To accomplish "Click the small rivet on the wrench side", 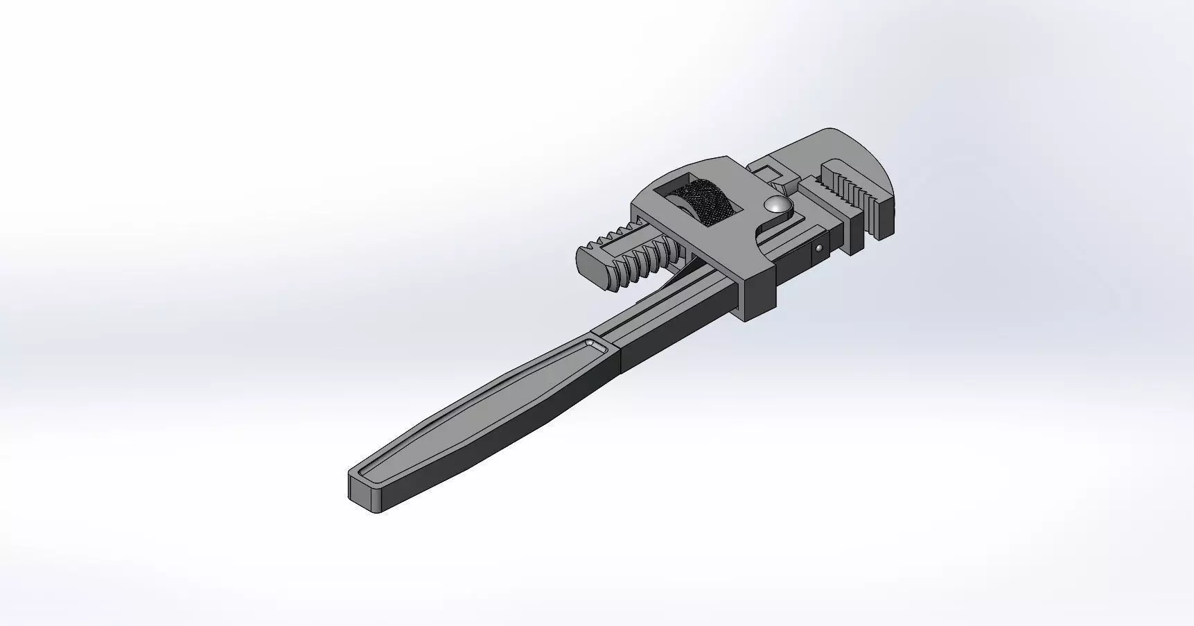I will pyautogui.click(x=820, y=247).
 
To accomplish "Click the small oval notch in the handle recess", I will pyautogui.click(x=595, y=345).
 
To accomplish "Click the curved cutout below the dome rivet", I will pyautogui.click(x=763, y=232).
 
